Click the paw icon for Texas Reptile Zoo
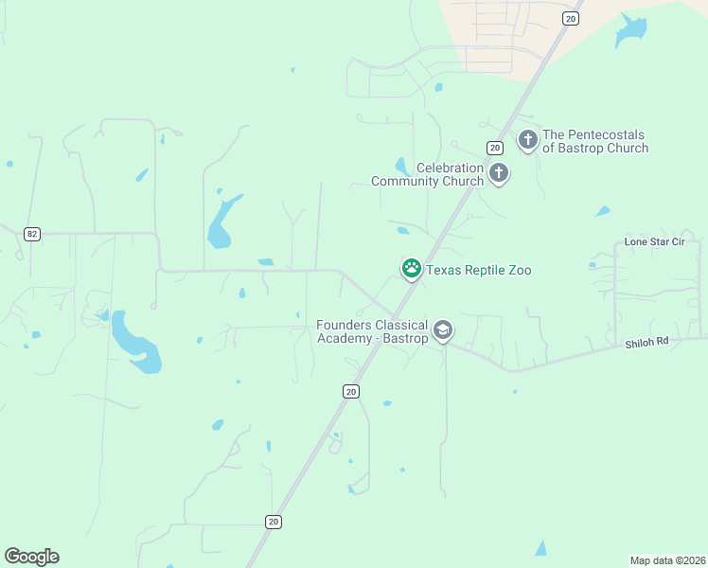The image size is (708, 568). tap(412, 269)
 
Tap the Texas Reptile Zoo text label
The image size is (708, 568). tap(478, 271)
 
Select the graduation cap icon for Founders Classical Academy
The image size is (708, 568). tap(442, 330)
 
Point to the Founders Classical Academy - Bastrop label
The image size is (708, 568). tap(372, 331)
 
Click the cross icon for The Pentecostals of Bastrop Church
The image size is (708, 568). tap(528, 140)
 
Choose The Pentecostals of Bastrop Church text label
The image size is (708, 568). tap(595, 142)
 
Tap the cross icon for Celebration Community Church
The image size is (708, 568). tap(499, 173)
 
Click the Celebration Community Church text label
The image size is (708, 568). tap(428, 174)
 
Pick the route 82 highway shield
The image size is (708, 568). tap(33, 234)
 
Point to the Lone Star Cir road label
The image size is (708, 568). tap(654, 242)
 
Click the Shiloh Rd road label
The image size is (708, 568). tap(646, 343)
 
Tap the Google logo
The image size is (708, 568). tap(31, 557)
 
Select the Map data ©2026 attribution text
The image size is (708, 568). tap(667, 559)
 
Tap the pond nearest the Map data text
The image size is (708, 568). tap(540, 548)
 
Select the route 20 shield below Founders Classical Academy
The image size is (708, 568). tap(351, 391)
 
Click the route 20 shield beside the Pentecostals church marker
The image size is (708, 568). tap(494, 148)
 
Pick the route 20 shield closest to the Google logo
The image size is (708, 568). tap(274, 522)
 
